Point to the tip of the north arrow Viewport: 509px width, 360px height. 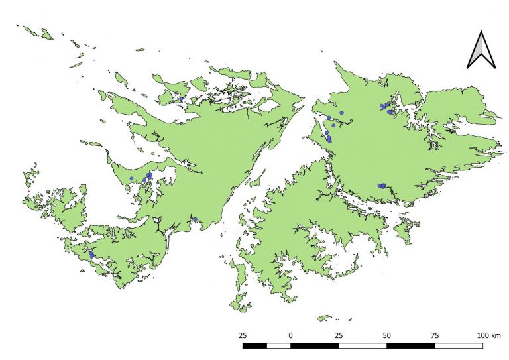tap(482, 31)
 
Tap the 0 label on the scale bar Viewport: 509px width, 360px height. tap(290, 335)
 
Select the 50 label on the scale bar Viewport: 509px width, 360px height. tap(386, 335)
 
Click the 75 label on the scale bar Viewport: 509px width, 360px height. tap(435, 335)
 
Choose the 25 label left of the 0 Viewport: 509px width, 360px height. tap(243, 335)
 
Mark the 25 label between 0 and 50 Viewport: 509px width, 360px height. tap(339, 335)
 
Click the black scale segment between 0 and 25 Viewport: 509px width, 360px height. tap(314, 345)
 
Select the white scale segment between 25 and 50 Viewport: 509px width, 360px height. tap(363, 345)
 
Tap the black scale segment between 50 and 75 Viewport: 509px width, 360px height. tap(410, 345)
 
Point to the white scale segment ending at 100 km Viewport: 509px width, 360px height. tap(459, 345)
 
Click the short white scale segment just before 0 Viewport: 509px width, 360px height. tap(278, 345)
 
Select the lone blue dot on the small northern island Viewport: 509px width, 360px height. tap(182, 99)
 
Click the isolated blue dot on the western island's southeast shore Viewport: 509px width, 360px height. tap(196, 219)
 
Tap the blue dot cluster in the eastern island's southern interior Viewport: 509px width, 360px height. tap(382, 186)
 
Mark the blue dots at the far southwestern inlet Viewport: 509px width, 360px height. tap(91, 255)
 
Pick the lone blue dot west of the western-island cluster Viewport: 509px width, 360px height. tap(132, 178)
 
